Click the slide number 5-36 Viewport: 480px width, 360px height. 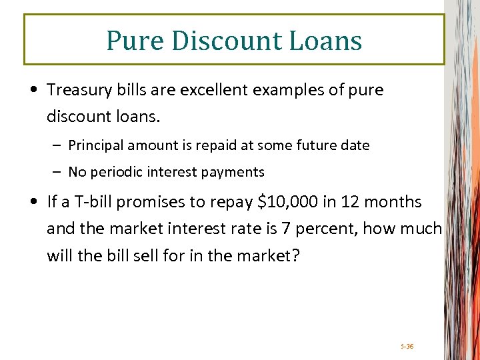(x=407, y=346)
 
